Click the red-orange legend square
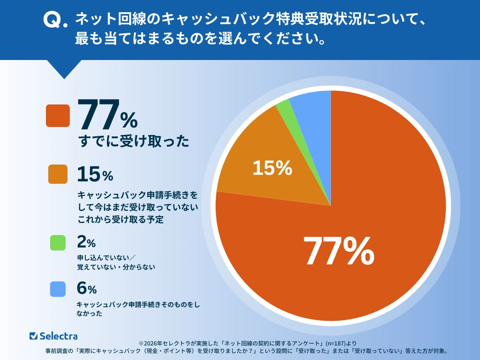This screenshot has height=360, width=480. click(x=58, y=116)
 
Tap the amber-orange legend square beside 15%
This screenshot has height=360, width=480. click(x=58, y=174)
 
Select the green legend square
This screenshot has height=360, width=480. click(x=58, y=242)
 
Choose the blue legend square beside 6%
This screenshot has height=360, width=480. click(x=58, y=290)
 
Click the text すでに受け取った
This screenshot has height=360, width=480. click(x=133, y=141)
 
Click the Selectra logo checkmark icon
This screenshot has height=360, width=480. click(x=33, y=336)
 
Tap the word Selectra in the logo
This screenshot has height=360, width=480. click(x=59, y=336)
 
